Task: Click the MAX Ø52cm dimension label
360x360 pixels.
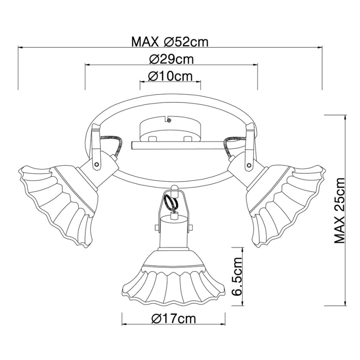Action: coord(169,42)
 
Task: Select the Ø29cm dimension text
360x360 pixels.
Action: coord(170,59)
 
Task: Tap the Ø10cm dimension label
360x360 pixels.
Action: coord(170,76)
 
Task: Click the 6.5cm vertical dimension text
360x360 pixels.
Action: coord(237,276)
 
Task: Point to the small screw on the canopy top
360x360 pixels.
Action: coord(169,120)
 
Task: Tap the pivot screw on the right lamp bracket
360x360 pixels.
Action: coord(248,165)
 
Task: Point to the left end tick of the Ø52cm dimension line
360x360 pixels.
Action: coord(18,48)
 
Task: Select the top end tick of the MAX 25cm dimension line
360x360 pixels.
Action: coord(345,115)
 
